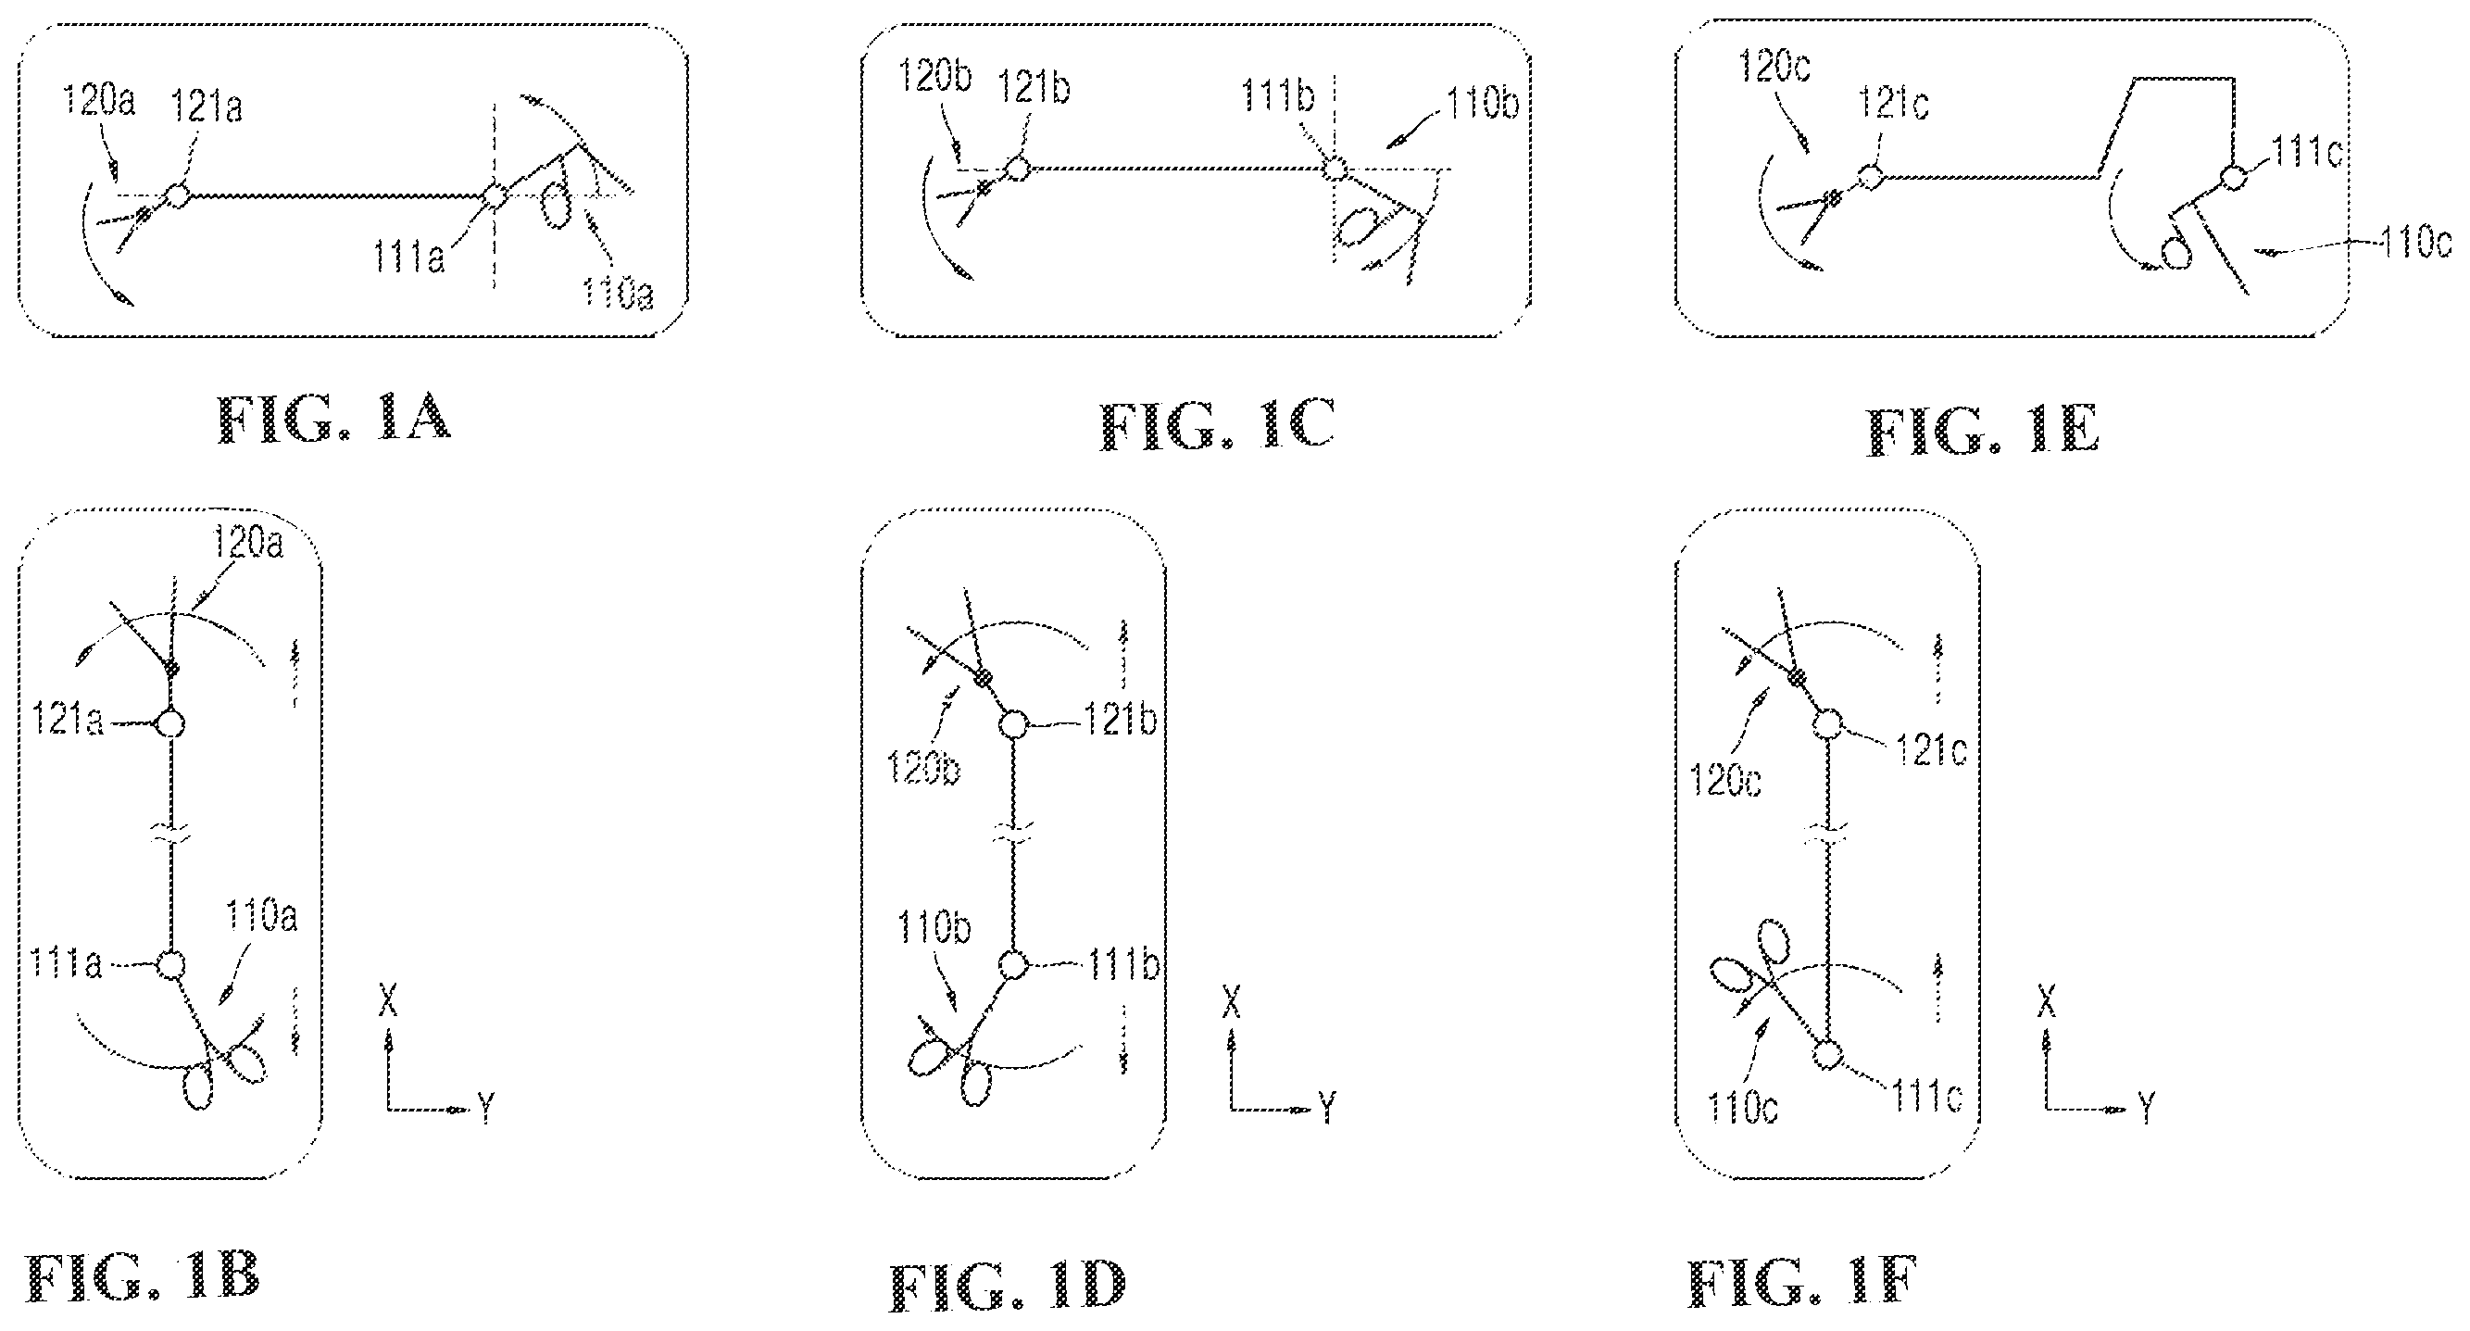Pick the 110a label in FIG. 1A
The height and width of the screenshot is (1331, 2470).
click(619, 293)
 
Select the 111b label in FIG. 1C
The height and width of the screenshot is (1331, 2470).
click(1277, 97)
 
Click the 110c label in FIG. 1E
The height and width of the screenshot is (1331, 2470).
click(2416, 243)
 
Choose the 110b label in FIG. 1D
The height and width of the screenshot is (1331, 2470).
click(933, 927)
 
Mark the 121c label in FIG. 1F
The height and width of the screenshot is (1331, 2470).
click(1931, 751)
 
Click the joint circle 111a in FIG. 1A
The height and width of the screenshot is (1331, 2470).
click(494, 196)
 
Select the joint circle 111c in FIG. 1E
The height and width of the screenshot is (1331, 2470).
click(2234, 179)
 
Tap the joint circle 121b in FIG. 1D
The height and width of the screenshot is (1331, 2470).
click(1013, 724)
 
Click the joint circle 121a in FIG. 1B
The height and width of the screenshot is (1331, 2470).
click(170, 723)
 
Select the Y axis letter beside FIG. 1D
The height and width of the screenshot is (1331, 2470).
click(1328, 1108)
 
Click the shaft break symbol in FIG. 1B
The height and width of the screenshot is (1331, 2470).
click(170, 837)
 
